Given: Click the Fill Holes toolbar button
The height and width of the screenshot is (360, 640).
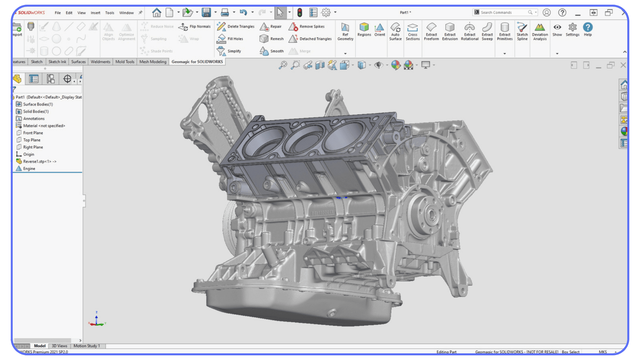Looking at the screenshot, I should click(x=231, y=39).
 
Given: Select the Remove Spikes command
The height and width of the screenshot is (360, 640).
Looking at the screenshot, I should click(x=307, y=26).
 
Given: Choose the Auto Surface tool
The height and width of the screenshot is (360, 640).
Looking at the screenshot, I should click(x=395, y=31).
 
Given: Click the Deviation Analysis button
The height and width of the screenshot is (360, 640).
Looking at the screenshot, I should click(x=540, y=31).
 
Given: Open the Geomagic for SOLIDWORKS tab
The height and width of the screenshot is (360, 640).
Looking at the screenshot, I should click(x=197, y=62).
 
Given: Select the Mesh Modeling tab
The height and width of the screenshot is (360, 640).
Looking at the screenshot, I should click(x=153, y=62).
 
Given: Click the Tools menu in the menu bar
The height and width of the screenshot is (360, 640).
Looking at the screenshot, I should click(x=110, y=13).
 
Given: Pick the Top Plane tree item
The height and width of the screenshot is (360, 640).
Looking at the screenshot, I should click(x=32, y=140).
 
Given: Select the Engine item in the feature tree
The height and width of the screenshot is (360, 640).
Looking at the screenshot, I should click(x=29, y=169).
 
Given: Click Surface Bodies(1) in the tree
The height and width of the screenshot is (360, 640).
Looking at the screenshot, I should click(x=38, y=104).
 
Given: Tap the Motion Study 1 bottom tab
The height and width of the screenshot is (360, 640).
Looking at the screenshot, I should click(x=87, y=346).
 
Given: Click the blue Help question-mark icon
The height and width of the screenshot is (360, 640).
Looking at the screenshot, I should click(x=588, y=27).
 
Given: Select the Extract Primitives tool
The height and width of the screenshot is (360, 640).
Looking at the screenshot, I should click(x=505, y=31).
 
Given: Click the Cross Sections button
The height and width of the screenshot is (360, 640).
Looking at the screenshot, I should click(x=413, y=31).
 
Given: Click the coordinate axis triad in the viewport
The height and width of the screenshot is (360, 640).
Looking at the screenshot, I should click(x=97, y=320).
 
